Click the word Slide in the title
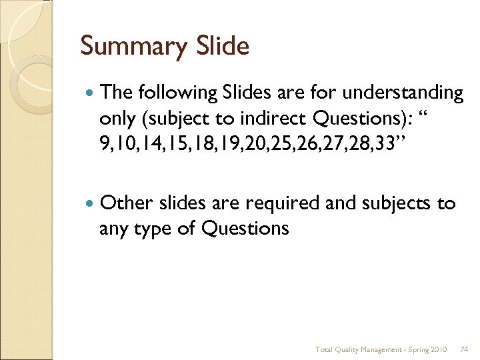tap(223, 46)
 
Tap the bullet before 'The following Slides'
tap(90, 93)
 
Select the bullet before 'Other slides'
tap(90, 203)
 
